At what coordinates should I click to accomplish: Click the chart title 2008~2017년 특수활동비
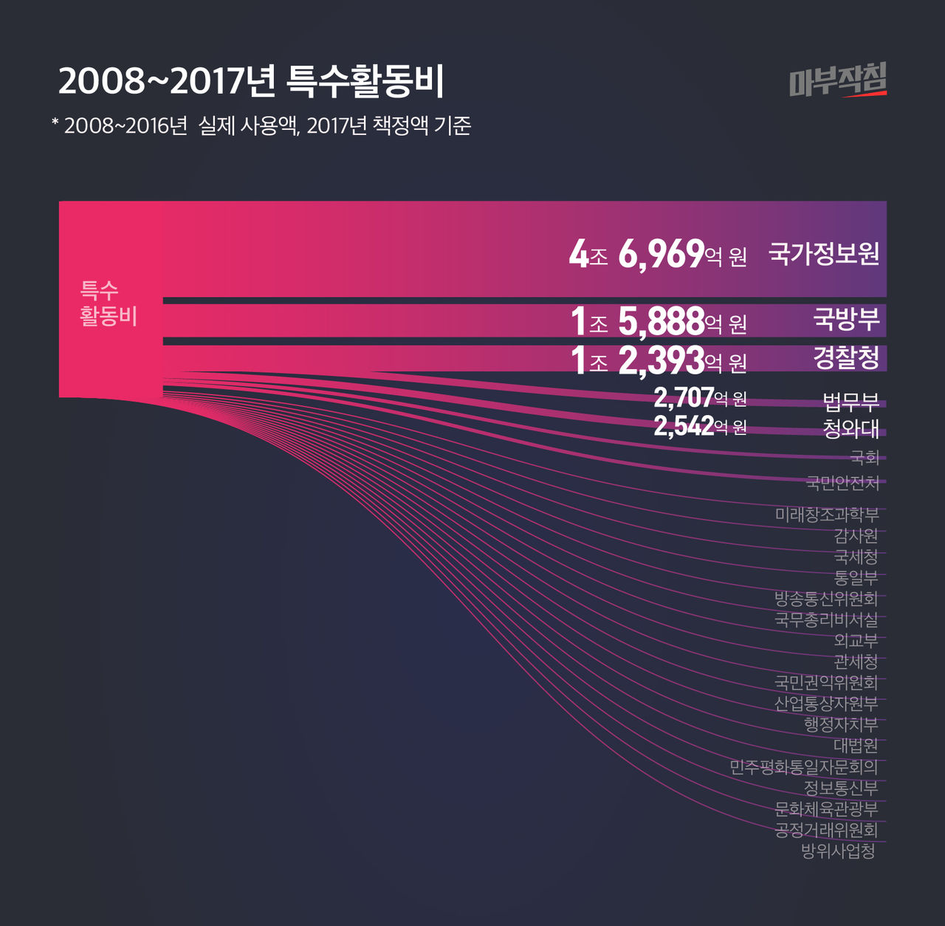tap(251, 81)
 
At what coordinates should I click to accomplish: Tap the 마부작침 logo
tap(838, 80)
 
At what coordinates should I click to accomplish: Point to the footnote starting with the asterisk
tap(261, 126)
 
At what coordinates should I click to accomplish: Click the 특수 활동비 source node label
tap(109, 303)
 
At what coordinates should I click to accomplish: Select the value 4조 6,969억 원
tap(658, 255)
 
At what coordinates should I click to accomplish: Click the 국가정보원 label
tap(824, 253)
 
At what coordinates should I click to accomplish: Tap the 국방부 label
tap(846, 319)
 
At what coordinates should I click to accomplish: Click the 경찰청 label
tap(846, 357)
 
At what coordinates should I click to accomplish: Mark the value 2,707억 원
tap(700, 398)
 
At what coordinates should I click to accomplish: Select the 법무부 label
tap(851, 402)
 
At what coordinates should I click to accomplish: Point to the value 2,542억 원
tap(700, 426)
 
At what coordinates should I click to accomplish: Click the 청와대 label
tap(851, 429)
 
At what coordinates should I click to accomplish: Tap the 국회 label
tap(865, 457)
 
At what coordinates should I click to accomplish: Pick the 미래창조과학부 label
tap(827, 514)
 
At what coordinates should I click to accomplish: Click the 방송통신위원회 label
tap(826, 598)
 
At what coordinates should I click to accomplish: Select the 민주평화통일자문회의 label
tap(804, 767)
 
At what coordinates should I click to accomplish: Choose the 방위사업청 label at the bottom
tap(839, 851)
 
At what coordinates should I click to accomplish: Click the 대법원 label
tap(856, 746)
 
